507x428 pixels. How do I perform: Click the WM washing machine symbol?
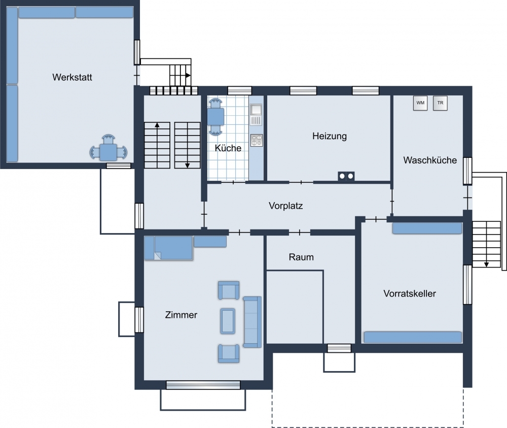(420, 103)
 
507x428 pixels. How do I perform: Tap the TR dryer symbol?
(440, 103)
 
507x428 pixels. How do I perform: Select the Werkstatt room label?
(72, 77)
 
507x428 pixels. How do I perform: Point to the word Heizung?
(330, 136)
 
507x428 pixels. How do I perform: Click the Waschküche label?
(430, 160)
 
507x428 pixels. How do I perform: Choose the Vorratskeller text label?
(410, 293)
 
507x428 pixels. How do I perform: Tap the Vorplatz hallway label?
(286, 206)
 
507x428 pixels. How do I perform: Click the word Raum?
(301, 257)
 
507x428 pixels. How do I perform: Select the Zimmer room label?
(181, 315)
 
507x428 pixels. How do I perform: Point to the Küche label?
(228, 148)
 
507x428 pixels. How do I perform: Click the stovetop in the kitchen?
(257, 140)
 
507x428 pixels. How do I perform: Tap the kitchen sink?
(256, 110)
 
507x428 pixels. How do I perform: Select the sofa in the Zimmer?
(252, 322)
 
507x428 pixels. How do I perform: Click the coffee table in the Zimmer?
(228, 321)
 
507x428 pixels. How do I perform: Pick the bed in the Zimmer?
(168, 248)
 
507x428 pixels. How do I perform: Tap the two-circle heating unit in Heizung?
(346, 176)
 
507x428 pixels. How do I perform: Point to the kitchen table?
(215, 117)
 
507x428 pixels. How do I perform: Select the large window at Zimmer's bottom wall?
(203, 385)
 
